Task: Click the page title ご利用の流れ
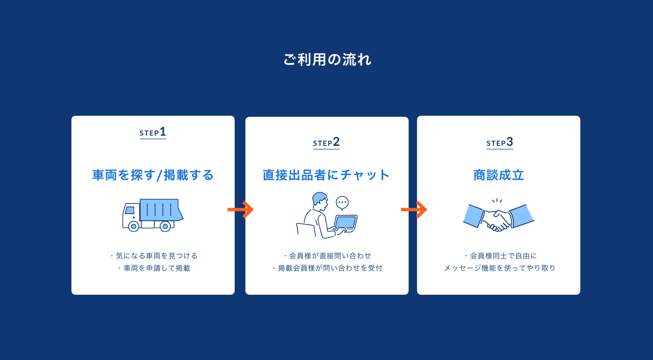pos(327,60)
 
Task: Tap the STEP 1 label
pos(153,132)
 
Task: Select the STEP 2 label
pos(326,142)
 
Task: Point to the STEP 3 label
pos(500,142)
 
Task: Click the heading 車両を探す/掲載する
pos(153,175)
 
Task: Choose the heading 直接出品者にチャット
pos(326,175)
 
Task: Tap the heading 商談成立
pos(499,175)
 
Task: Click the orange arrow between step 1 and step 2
pos(241,210)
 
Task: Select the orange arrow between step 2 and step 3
pos(414,210)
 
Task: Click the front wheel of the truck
pos(134,226)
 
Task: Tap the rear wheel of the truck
pos(165,226)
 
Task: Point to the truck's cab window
pos(130,210)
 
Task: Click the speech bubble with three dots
pos(342,202)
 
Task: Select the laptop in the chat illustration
pos(345,222)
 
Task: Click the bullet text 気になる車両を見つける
pos(157,255)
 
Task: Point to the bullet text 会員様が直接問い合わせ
pos(330,255)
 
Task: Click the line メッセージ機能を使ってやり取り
pos(500,268)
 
